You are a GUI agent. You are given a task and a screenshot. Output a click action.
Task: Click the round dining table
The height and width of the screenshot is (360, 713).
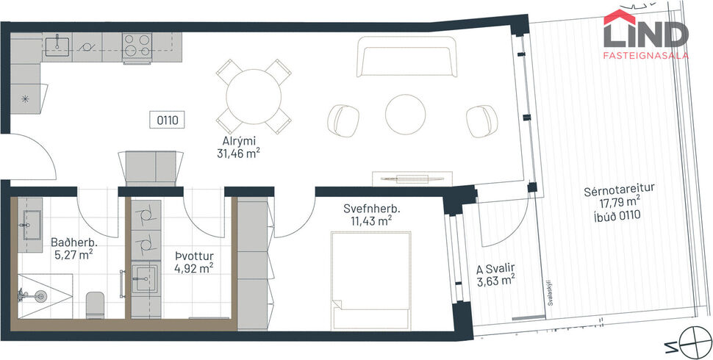click(x=251, y=96)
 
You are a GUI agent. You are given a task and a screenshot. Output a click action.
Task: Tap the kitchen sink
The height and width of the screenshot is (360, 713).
click(x=57, y=46)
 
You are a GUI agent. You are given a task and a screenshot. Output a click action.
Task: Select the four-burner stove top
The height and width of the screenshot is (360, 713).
click(x=137, y=46)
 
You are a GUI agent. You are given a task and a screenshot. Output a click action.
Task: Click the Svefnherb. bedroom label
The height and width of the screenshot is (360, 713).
click(x=367, y=208)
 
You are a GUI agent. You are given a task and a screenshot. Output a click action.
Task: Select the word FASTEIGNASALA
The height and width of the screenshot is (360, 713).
click(x=645, y=55)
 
